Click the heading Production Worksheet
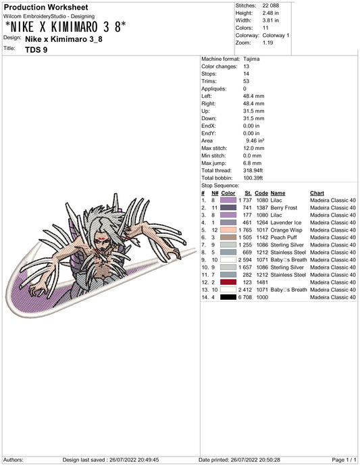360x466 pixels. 46,7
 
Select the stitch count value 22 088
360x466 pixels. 271,5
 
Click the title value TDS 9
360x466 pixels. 36,49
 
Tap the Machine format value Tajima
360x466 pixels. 251,59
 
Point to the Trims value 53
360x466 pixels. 246,81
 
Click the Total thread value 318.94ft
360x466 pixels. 253,171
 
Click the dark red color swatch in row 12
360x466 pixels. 228,282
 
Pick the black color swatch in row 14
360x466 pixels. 228,297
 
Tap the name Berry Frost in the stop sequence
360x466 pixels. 284,208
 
